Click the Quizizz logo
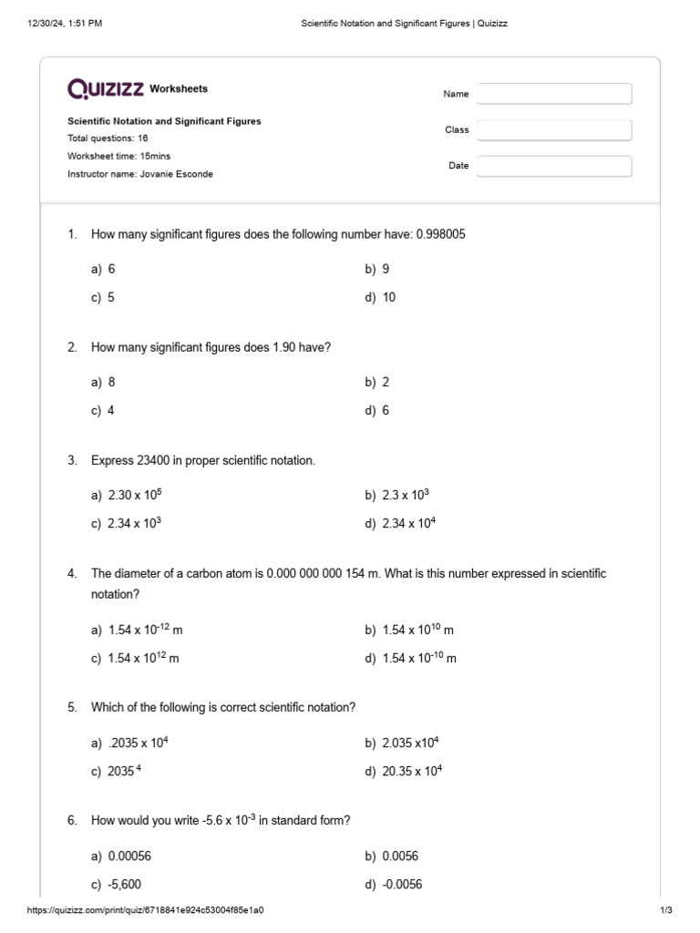click(106, 88)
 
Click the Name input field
click(553, 94)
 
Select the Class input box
click(553, 130)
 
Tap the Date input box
click(553, 166)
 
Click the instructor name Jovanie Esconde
click(176, 174)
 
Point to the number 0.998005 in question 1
click(440, 234)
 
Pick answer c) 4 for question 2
click(103, 411)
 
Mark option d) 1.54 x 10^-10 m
click(410, 658)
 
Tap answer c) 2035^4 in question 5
click(117, 772)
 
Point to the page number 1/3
click(665, 910)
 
